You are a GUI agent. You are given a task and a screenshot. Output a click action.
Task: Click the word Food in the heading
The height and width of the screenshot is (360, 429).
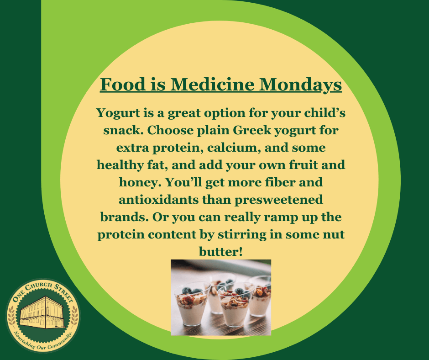tap(123, 84)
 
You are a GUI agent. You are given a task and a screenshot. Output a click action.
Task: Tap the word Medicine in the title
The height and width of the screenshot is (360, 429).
tap(213, 84)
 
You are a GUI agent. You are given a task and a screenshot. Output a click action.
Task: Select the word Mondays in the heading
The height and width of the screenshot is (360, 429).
tap(300, 85)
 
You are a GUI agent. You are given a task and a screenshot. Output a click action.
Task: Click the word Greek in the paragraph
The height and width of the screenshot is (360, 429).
tap(252, 130)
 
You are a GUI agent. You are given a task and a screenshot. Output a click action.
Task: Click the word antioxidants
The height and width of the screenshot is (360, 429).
tap(159, 200)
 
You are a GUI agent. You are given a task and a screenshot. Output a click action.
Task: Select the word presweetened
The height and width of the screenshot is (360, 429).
tap(279, 200)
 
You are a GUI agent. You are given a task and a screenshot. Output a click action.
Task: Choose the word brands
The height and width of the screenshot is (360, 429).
tap(125, 217)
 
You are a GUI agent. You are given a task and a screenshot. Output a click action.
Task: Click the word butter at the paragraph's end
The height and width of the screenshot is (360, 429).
tap(221, 252)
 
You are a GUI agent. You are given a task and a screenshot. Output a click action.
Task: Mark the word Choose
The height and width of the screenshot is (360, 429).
tap(170, 130)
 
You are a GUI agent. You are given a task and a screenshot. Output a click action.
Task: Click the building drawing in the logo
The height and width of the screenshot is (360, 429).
tap(43, 312)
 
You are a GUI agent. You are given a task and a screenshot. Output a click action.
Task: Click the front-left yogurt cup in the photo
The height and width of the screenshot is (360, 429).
tap(192, 304)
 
